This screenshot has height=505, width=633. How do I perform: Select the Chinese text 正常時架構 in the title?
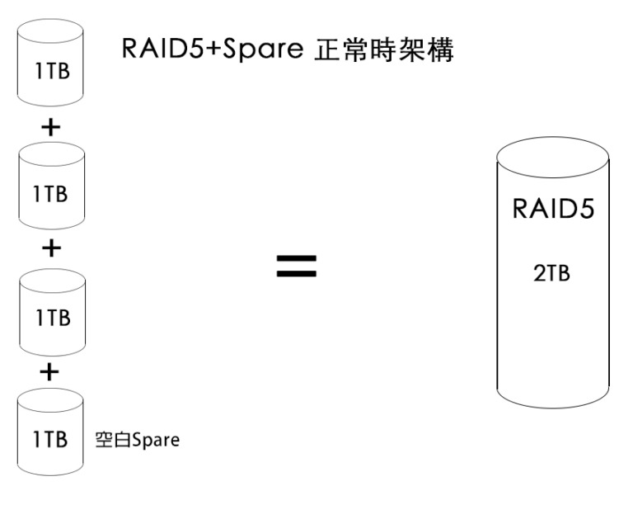[x=386, y=50]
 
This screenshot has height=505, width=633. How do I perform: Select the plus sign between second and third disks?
[x=51, y=249]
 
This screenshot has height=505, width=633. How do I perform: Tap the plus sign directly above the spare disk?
[x=51, y=372]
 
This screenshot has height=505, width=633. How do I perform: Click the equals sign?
[x=296, y=265]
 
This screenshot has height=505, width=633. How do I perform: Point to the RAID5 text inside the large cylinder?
[x=553, y=210]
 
